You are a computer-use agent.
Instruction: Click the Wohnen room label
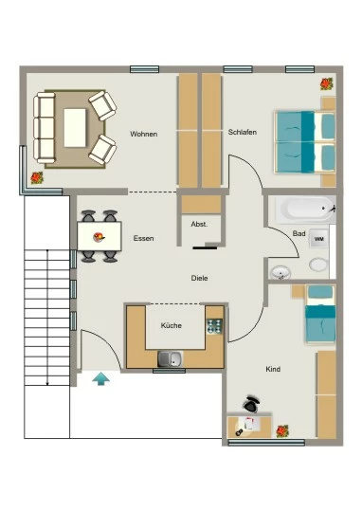click(144, 134)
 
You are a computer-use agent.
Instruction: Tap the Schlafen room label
click(243, 132)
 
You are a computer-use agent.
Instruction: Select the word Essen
click(143, 238)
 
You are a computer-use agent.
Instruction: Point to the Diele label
click(199, 278)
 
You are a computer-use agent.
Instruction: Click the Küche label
click(171, 325)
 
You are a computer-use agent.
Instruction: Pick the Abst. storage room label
click(199, 225)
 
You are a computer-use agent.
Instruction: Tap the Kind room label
click(273, 369)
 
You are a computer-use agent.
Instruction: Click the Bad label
click(299, 233)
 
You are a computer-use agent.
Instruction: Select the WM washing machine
click(318, 239)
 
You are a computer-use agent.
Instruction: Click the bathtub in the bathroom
click(305, 209)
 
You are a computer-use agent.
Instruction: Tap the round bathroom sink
click(281, 272)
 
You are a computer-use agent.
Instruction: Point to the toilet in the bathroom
click(318, 265)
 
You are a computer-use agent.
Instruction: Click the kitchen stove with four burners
click(214, 326)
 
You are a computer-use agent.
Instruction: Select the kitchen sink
click(170, 358)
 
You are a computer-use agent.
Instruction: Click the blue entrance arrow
click(100, 379)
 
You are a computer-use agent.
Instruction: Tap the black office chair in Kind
click(251, 404)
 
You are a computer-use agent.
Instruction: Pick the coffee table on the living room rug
click(75, 128)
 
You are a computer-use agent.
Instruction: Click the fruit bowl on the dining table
click(99, 237)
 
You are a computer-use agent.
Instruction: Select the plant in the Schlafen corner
click(326, 84)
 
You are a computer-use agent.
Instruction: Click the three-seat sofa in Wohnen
click(45, 128)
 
